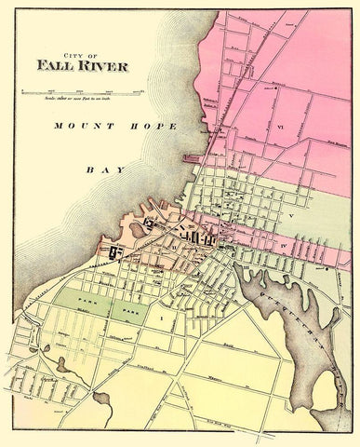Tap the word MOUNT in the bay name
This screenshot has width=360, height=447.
coord(73,124)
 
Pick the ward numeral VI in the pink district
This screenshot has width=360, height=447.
coord(279,124)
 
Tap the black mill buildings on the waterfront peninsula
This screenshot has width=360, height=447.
coord(115,252)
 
